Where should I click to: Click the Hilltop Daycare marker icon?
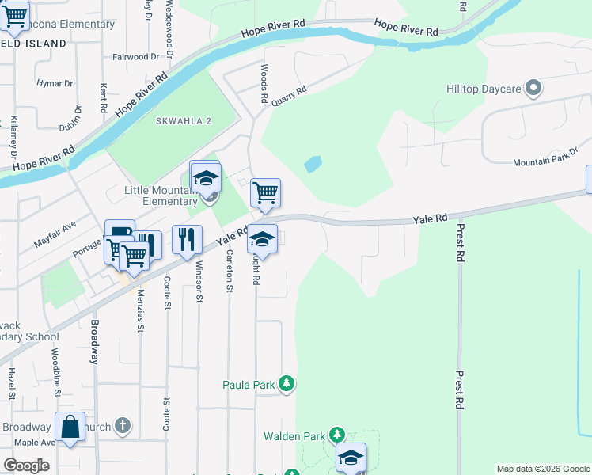(534, 89)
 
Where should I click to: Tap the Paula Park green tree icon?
(287, 386)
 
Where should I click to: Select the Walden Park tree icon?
(337, 435)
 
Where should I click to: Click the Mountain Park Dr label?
(545, 161)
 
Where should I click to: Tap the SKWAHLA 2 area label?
(184, 120)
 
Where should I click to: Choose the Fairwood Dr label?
(135, 57)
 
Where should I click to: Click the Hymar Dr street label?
(55, 82)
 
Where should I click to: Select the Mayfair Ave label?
(55, 235)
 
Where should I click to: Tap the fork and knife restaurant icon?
(187, 238)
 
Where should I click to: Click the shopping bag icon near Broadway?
(70, 425)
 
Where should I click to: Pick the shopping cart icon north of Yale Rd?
(265, 192)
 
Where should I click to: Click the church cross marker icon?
(122, 426)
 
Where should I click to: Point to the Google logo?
(26, 465)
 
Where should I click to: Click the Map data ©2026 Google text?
(542, 469)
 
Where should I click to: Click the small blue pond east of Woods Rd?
(313, 165)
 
